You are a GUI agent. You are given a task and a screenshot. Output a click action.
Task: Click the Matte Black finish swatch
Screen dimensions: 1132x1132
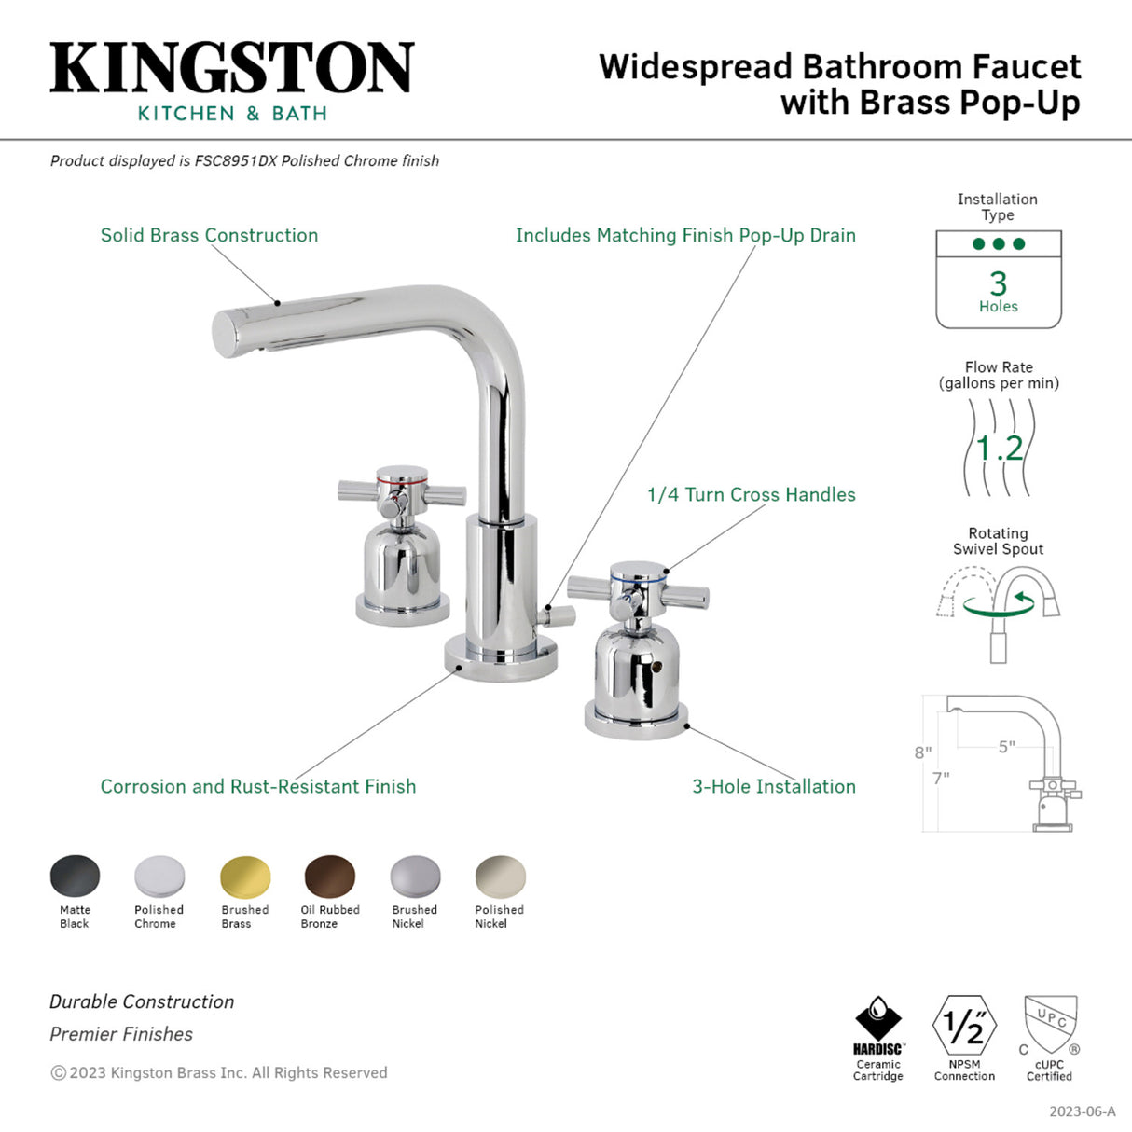75,877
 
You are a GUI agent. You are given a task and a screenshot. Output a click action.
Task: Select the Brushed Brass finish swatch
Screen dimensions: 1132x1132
245,877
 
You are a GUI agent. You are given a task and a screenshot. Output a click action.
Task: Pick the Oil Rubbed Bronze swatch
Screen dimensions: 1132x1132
330,877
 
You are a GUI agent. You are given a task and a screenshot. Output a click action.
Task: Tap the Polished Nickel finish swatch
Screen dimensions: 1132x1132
500,877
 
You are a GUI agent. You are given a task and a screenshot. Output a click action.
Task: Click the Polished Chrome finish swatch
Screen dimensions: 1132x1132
159,877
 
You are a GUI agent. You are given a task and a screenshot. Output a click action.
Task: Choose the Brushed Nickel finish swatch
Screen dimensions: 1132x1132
415,877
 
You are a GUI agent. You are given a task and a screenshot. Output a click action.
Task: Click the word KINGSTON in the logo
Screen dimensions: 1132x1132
231,68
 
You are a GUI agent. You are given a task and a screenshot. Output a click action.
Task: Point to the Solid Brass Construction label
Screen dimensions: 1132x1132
209,235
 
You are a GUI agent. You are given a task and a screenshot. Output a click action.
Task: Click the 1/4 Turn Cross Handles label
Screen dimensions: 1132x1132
751,495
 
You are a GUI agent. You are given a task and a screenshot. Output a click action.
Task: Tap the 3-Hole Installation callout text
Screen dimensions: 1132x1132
773,786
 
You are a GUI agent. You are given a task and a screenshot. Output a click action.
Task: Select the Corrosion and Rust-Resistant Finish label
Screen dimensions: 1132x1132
257,786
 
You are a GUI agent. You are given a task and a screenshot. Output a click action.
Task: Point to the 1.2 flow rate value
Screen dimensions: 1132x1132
999,449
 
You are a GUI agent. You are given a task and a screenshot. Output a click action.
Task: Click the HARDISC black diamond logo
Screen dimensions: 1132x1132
877,1018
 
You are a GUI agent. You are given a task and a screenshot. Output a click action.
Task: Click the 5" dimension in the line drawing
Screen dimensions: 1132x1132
1006,747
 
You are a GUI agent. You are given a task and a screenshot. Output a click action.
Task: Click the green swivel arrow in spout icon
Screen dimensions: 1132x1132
1000,604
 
